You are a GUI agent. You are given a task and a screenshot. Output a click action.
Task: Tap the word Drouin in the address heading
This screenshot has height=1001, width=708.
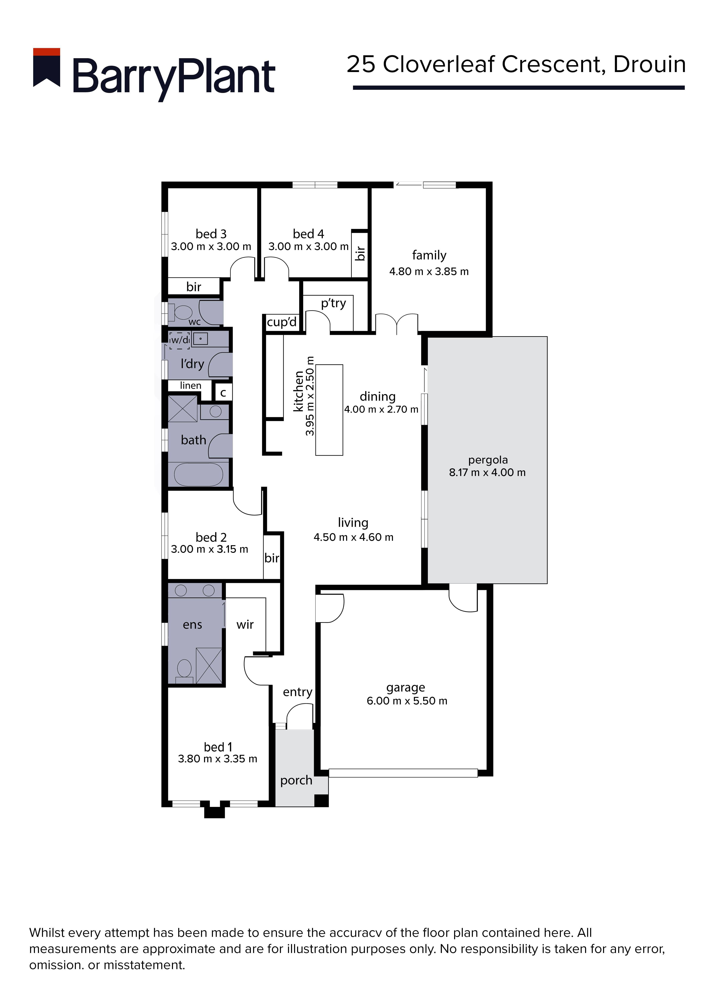click(650, 65)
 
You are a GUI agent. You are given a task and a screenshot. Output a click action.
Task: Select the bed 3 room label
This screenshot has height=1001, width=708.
click(211, 234)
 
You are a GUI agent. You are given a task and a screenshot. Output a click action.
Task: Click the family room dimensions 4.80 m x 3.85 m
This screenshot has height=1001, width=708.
click(429, 272)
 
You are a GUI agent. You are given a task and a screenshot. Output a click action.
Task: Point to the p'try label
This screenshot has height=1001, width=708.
click(333, 303)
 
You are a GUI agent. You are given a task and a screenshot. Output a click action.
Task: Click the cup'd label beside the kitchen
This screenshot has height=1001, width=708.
click(282, 322)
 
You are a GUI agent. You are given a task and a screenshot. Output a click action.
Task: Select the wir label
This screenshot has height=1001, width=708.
click(245, 625)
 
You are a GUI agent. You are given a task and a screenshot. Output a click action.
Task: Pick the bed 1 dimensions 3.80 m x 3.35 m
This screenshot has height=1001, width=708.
click(218, 759)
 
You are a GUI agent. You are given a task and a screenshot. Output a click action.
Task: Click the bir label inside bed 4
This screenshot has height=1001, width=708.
click(360, 253)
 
